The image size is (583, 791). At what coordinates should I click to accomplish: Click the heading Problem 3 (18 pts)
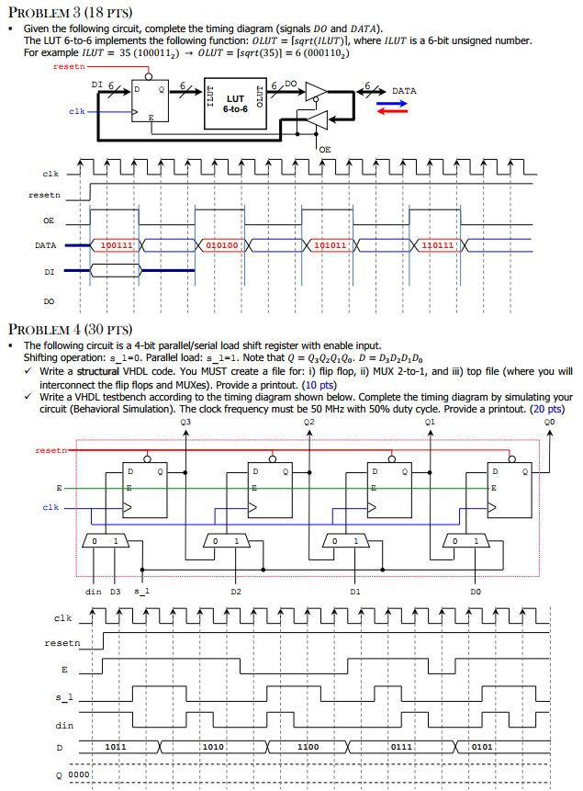click(69, 13)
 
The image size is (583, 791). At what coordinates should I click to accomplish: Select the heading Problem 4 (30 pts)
click(69, 328)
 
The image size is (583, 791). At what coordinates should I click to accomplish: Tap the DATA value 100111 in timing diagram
click(116, 246)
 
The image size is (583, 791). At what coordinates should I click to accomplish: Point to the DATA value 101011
click(330, 246)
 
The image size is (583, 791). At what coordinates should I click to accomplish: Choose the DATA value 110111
click(436, 246)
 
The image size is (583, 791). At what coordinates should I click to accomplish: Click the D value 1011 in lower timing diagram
click(117, 747)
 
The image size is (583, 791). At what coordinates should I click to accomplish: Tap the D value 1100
click(308, 747)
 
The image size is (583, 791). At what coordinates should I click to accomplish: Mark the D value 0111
click(401, 747)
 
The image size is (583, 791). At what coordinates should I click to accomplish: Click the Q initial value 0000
click(79, 774)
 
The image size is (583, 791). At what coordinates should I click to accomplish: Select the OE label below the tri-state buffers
click(326, 148)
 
